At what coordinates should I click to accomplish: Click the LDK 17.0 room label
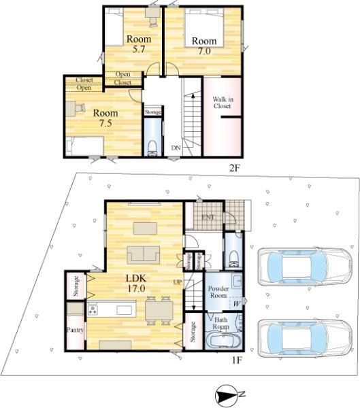pyautogui.click(x=136, y=283)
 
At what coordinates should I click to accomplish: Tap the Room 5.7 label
pyautogui.click(x=139, y=44)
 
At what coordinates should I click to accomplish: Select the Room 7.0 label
pyautogui.click(x=204, y=46)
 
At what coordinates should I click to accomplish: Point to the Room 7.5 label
pyautogui.click(x=105, y=118)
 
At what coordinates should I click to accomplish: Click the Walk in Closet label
pyautogui.click(x=223, y=103)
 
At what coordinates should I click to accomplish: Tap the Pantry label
pyautogui.click(x=75, y=330)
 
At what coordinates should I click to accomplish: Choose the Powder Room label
pyautogui.click(x=218, y=292)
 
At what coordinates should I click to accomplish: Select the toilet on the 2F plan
pyautogui.click(x=152, y=148)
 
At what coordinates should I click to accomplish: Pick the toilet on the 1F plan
pyautogui.click(x=233, y=259)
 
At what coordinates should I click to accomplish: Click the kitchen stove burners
pyautogui.click(x=92, y=309)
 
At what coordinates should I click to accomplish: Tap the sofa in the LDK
pyautogui.click(x=144, y=254)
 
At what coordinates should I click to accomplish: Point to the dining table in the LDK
pyautogui.click(x=159, y=311)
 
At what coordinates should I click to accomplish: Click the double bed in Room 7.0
pyautogui.click(x=204, y=28)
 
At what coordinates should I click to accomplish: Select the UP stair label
pyautogui.click(x=178, y=282)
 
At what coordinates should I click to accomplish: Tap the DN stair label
pyautogui.click(x=176, y=148)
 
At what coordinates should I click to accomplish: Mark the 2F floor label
pyautogui.click(x=234, y=168)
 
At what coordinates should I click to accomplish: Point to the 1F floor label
pyautogui.click(x=237, y=360)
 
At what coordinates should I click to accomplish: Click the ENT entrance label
pyautogui.click(x=208, y=217)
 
